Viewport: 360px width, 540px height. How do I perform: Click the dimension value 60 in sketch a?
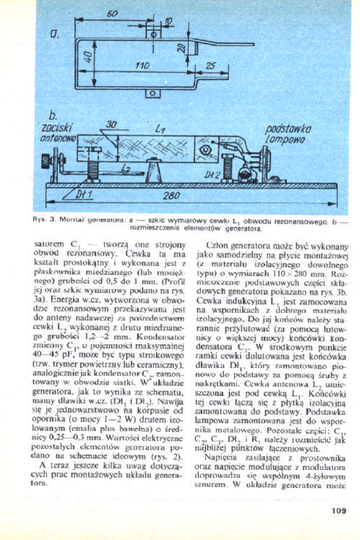[111, 14]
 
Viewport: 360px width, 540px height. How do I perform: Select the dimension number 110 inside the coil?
[142, 65]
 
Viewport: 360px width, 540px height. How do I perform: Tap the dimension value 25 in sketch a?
[211, 65]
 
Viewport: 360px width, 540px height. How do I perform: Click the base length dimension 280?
[171, 195]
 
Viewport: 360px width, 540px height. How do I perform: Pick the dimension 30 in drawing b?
[112, 124]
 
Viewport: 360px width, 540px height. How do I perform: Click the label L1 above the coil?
[161, 130]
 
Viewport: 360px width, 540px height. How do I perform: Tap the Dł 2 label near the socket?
[212, 174]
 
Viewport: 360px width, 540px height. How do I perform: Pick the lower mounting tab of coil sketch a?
[153, 94]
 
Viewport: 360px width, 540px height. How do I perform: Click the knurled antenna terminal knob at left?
[49, 158]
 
